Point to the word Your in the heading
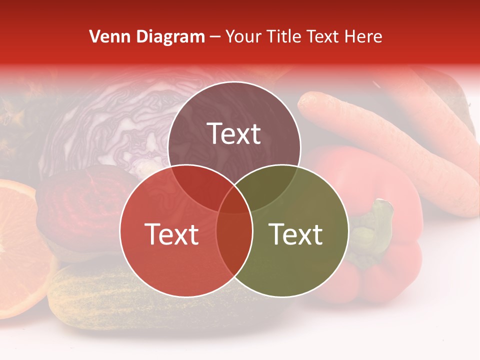244,36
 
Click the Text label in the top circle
234,134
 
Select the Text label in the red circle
171,234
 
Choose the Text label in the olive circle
296,234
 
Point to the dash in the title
215,37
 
